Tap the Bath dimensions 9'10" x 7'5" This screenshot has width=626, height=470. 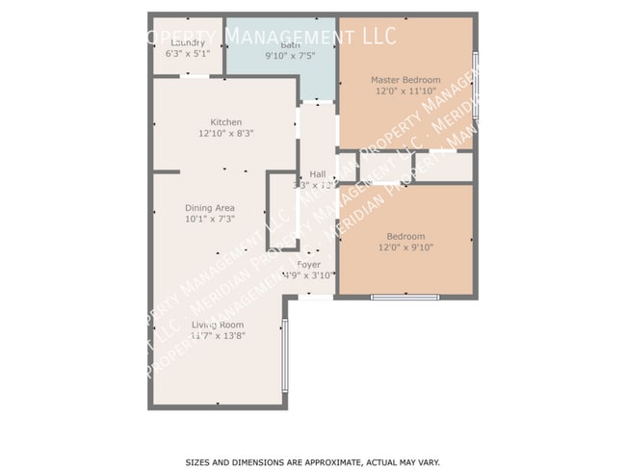tap(289, 56)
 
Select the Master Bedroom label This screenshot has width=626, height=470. tap(405, 80)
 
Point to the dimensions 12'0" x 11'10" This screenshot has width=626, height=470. tap(405, 91)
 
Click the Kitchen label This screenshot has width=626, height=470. tap(225, 122)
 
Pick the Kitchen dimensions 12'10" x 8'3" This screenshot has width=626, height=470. tap(225, 133)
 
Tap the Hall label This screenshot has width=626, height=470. tap(317, 174)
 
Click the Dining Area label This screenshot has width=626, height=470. tap(210, 208)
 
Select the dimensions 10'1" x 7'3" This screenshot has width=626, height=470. tap(210, 219)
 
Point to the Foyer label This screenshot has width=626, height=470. tap(308, 264)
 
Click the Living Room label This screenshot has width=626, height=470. tap(217, 325)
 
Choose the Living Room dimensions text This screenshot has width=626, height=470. tap(217, 336)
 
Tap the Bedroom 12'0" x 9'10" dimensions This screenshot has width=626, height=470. tap(405, 247)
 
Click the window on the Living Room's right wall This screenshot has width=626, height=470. tap(284, 355)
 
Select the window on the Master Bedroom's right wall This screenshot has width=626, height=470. tap(475, 85)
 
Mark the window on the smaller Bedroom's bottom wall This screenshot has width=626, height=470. tap(404, 297)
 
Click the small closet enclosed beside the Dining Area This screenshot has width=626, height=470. tap(282, 212)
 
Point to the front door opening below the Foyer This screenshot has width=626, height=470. tap(315, 297)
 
